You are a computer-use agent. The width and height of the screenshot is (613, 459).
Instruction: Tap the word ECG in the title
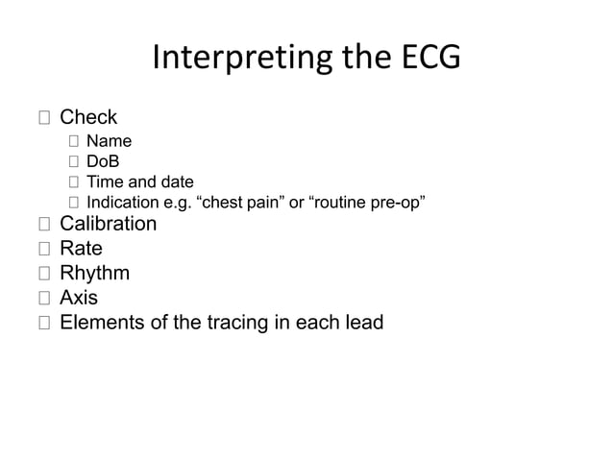(428, 60)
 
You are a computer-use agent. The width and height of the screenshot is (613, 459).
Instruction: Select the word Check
(88, 118)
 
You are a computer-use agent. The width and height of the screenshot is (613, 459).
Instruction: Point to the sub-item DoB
(104, 163)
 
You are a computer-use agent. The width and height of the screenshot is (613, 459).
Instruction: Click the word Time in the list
(105, 182)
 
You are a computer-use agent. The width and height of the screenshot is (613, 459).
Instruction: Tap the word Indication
(122, 202)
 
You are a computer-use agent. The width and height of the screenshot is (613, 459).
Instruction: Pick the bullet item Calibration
(108, 224)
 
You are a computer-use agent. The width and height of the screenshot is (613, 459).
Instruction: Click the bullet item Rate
(81, 249)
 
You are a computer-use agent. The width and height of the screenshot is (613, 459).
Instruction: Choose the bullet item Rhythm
(94, 274)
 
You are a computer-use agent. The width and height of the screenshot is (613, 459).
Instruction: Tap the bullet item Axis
(79, 298)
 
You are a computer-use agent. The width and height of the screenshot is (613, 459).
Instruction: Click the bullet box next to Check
(44, 119)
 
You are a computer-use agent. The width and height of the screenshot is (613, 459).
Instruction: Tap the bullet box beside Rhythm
(44, 275)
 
